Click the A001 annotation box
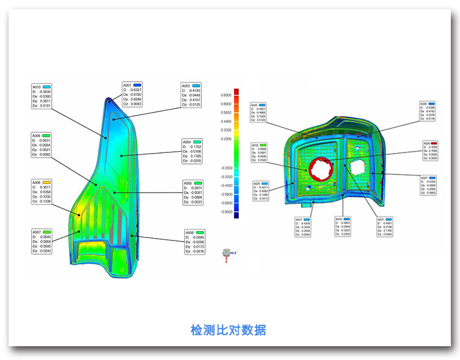(132, 94)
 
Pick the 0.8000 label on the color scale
(227, 95)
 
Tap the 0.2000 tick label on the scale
(227, 139)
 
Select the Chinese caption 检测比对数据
(228, 330)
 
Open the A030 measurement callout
(343, 227)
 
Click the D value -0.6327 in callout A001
(136, 90)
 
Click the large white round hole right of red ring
(357, 167)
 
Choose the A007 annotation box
(42, 241)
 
